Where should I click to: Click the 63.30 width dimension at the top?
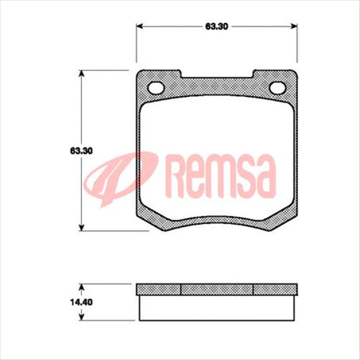[x=216, y=27]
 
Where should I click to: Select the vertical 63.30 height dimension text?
[x=81, y=151]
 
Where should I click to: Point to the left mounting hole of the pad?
[x=156, y=88]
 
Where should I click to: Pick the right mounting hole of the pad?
[x=277, y=88]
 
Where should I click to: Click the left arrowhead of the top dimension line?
[x=140, y=27]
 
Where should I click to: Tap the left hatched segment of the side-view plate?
[x=159, y=290]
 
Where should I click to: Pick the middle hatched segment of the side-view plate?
[x=217, y=290]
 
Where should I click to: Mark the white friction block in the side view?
[x=217, y=308]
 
